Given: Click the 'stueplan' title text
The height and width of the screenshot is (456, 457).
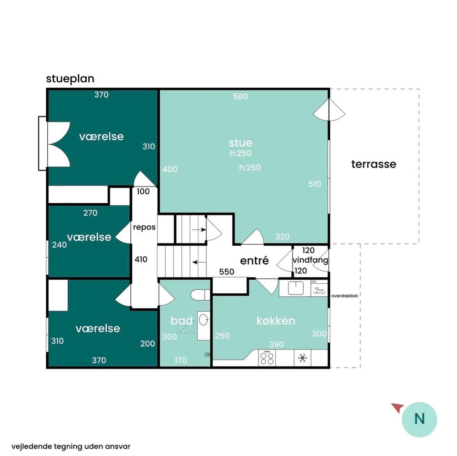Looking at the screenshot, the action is [x=70, y=79].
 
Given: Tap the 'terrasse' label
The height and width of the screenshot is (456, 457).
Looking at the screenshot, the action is [x=374, y=164].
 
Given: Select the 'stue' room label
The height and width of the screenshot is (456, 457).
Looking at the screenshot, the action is [x=240, y=143].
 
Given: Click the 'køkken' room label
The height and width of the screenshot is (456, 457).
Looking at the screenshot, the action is [x=276, y=321].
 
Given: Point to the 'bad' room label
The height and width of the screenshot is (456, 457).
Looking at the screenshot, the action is [x=182, y=321].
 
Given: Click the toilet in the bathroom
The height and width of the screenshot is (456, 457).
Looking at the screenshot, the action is [x=200, y=295].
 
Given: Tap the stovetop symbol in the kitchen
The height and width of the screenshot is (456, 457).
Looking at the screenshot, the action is [x=267, y=358].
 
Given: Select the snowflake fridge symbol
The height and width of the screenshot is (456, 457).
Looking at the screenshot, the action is [x=302, y=358].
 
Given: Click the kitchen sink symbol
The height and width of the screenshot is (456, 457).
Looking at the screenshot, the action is [x=296, y=288].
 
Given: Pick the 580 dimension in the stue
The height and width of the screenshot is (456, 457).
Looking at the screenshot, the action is [x=240, y=96].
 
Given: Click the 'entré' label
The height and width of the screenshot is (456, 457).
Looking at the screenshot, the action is [x=254, y=261].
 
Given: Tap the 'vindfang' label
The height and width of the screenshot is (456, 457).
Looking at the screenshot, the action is [x=310, y=260].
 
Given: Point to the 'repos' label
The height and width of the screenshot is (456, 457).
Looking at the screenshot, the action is [x=144, y=227].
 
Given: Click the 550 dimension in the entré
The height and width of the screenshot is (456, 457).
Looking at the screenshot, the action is [x=226, y=272].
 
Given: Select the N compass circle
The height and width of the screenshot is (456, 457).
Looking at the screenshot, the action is [x=420, y=419].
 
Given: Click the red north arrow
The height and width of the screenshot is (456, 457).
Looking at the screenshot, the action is [x=398, y=407].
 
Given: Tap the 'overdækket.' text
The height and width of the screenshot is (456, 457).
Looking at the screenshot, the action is [x=345, y=296].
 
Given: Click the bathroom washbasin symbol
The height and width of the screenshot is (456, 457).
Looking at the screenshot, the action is [x=204, y=320].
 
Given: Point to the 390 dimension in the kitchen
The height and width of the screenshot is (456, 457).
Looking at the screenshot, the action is [x=276, y=345].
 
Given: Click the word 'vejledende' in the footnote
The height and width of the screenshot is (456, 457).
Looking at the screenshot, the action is [x=28, y=447].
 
